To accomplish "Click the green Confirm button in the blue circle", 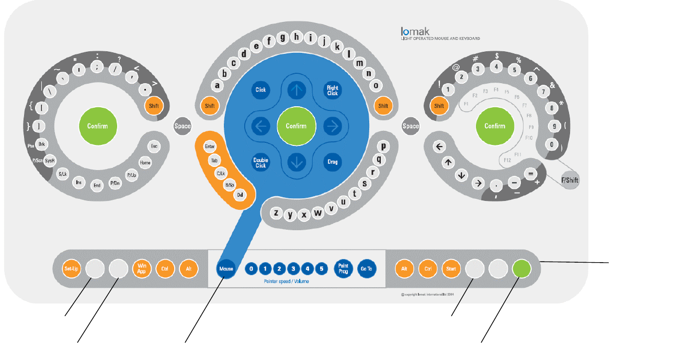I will [296, 126].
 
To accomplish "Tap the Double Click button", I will [260, 162].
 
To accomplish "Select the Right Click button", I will [333, 90].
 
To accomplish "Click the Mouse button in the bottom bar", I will [226, 269].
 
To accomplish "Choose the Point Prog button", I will [343, 269].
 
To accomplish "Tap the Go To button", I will [366, 269].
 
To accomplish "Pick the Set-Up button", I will [71, 269].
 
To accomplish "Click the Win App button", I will [141, 269].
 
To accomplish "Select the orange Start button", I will [451, 269].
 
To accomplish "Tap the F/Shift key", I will [570, 180].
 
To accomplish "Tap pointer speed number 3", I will [294, 269].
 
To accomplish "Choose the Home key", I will [145, 163].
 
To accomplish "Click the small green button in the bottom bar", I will [521, 269].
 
